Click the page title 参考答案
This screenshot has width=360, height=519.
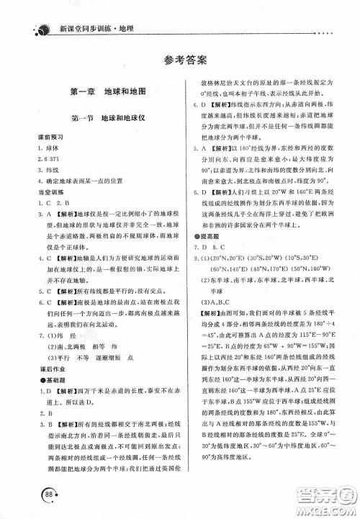(180, 60)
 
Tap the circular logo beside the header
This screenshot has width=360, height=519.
(40, 12)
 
